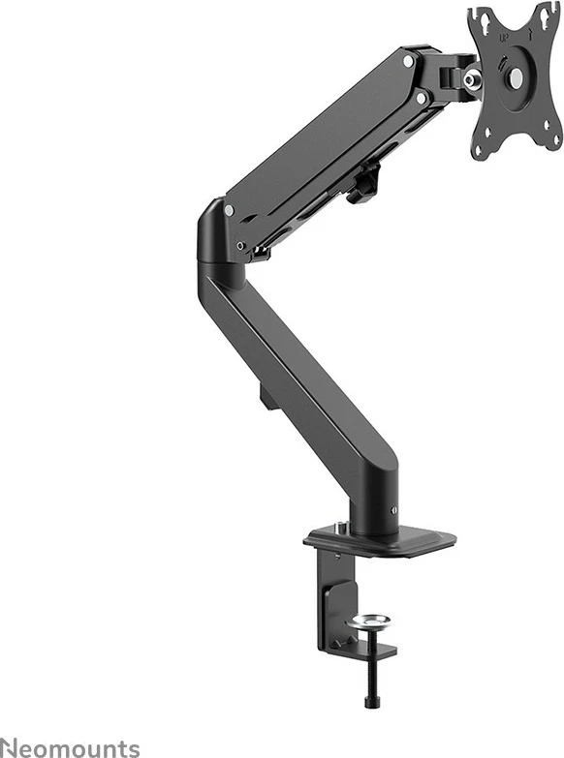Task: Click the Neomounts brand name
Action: (x=70, y=746)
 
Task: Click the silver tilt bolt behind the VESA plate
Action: (x=471, y=78)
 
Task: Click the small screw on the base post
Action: (x=392, y=511)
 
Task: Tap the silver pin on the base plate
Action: (x=340, y=529)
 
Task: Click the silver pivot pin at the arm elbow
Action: (x=229, y=209)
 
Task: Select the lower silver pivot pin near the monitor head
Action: (x=421, y=98)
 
